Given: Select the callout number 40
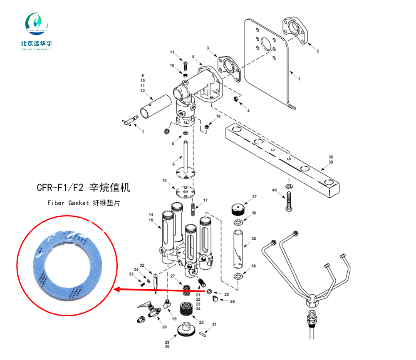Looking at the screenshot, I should click(x=274, y=190).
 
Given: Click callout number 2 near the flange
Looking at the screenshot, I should click(x=317, y=51).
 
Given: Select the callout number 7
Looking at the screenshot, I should click(x=143, y=132).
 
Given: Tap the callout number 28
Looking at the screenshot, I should click(x=201, y=323).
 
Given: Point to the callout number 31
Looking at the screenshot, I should click(x=214, y=325).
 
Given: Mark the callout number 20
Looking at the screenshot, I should click(x=164, y=327).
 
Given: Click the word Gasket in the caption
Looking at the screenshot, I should click(x=79, y=203).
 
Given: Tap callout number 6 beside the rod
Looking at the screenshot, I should click(x=173, y=164).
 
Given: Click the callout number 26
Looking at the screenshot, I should click(x=233, y=301).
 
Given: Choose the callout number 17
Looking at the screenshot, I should click(x=205, y=201).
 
